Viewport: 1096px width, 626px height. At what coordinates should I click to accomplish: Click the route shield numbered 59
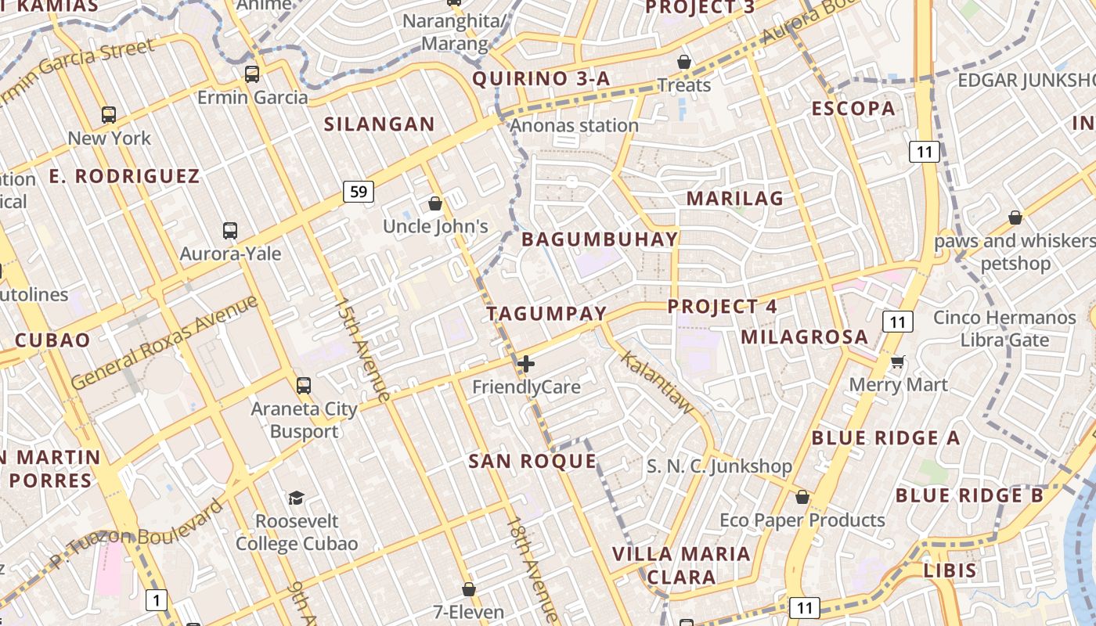point(358,191)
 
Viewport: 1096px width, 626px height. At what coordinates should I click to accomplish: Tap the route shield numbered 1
point(157,600)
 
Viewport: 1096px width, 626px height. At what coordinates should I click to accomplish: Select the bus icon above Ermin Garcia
point(251,74)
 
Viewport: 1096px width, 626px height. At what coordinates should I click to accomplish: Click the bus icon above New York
point(109,115)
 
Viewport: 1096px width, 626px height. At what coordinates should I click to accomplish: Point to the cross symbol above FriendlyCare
point(526,364)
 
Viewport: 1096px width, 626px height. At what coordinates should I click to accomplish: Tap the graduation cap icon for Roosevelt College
point(296,498)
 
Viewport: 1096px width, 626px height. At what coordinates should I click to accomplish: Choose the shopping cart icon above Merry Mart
point(897,362)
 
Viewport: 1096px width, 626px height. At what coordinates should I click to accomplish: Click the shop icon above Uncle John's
point(435,203)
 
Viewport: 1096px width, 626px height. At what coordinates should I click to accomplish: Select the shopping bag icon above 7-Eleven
point(468,588)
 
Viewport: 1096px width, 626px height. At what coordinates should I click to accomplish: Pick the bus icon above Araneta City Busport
point(304,385)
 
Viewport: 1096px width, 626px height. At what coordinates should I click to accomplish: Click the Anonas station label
point(575,125)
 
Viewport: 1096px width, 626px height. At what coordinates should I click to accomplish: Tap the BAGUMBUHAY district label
point(600,239)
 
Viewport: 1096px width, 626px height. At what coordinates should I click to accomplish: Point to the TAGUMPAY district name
point(546,314)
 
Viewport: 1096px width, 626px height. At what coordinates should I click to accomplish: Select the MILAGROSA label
point(804,337)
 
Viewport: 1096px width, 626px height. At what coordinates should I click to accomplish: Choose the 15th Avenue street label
point(362,349)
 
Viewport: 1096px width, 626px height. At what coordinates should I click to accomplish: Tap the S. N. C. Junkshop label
point(719,466)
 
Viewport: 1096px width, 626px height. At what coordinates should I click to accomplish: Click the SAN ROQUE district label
point(532,461)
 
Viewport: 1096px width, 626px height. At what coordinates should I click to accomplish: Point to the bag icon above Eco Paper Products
point(802,497)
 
